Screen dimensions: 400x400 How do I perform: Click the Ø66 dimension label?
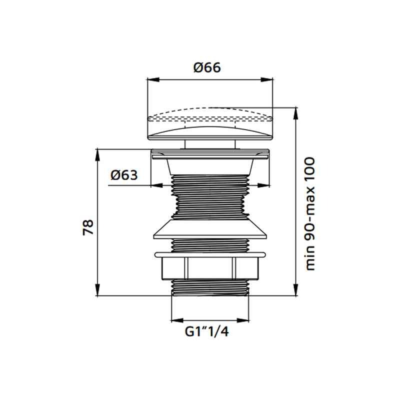tap(207, 67)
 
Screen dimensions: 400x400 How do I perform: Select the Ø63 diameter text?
tap(124, 175)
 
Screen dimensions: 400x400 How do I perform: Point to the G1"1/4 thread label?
tap(206, 331)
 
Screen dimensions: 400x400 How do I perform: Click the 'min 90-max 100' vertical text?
tap(310, 214)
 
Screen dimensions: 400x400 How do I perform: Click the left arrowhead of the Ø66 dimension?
tap(153, 79)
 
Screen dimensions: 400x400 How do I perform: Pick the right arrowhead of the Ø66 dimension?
tap(267, 79)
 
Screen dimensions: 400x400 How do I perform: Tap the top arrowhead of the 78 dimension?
tap(97, 155)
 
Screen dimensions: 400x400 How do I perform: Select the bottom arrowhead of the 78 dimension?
tap(97, 289)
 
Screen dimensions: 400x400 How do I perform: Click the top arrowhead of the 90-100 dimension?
tap(296, 113)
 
